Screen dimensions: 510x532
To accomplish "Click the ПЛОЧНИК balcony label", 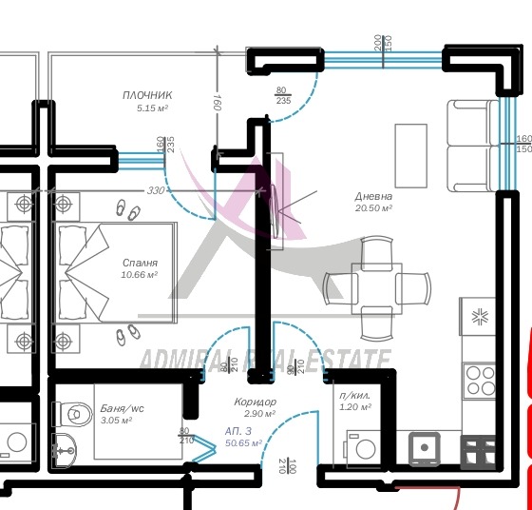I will [x=146, y=95].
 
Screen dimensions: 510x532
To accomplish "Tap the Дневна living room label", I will [x=373, y=196].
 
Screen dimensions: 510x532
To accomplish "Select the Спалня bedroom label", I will [x=140, y=263].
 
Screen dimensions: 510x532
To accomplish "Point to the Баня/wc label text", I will [x=121, y=408].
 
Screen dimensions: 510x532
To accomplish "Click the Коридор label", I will [x=255, y=402].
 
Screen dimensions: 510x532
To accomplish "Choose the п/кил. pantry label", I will [x=355, y=395].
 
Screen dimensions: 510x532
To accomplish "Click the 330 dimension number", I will [x=156, y=190].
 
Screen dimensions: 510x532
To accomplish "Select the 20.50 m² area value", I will [x=373, y=207].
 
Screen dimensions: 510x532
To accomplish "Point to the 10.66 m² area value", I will [x=139, y=275].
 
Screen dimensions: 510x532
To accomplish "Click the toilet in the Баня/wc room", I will [x=68, y=412].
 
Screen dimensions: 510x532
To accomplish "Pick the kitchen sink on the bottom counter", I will [x=424, y=448].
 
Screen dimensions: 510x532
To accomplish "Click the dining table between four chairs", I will [x=373, y=284].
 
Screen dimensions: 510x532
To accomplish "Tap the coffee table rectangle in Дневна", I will [x=410, y=156].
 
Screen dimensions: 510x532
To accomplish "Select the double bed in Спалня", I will [x=114, y=271].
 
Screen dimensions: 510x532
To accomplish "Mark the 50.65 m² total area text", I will [x=243, y=442].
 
